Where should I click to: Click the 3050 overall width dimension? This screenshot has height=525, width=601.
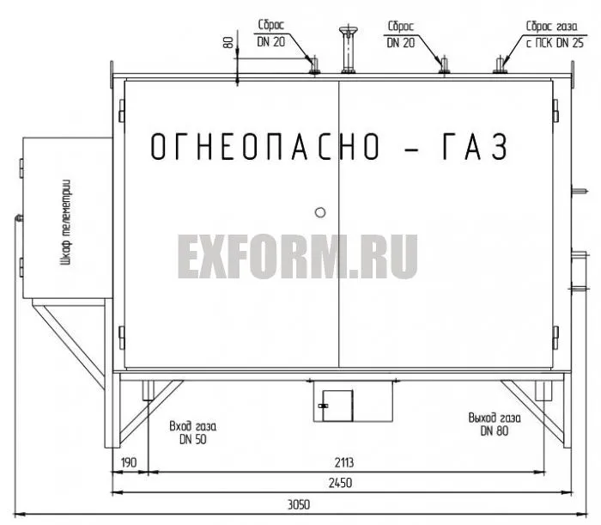[299, 504]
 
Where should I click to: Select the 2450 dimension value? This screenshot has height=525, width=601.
[340, 483]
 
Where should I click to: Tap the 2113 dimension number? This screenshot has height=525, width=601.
[343, 463]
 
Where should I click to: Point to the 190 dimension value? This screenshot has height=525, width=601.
[129, 463]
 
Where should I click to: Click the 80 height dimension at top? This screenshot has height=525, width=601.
[228, 42]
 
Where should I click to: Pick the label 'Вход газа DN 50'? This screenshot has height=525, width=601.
[193, 433]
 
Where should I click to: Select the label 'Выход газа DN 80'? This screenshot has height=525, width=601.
[495, 424]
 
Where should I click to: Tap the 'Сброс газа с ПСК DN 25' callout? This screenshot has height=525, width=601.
[555, 34]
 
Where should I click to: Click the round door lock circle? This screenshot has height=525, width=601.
[320, 212]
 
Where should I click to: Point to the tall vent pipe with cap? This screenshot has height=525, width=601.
[348, 49]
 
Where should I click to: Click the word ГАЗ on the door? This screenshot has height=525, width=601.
[476, 146]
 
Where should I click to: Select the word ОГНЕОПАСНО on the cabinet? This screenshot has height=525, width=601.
[264, 146]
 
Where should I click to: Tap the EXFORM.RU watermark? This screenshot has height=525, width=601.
[297, 257]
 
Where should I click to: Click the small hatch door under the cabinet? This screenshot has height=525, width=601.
[337, 406]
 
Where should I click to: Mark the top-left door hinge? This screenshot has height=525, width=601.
[122, 111]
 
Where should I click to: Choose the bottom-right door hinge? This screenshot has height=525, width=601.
[555, 338]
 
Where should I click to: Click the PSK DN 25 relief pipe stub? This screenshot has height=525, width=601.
[500, 65]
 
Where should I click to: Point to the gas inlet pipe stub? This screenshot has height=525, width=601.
[148, 390]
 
